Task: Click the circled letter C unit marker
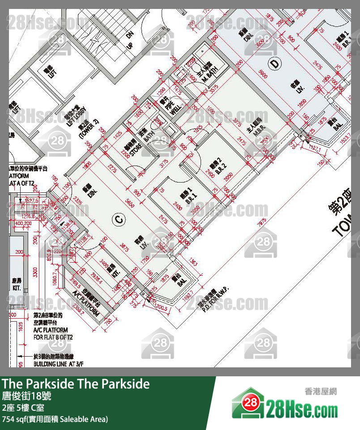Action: [118, 219]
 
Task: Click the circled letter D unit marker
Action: [275, 64]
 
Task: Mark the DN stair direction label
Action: [130, 34]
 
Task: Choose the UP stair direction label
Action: [130, 46]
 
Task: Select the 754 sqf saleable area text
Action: [55, 419]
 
